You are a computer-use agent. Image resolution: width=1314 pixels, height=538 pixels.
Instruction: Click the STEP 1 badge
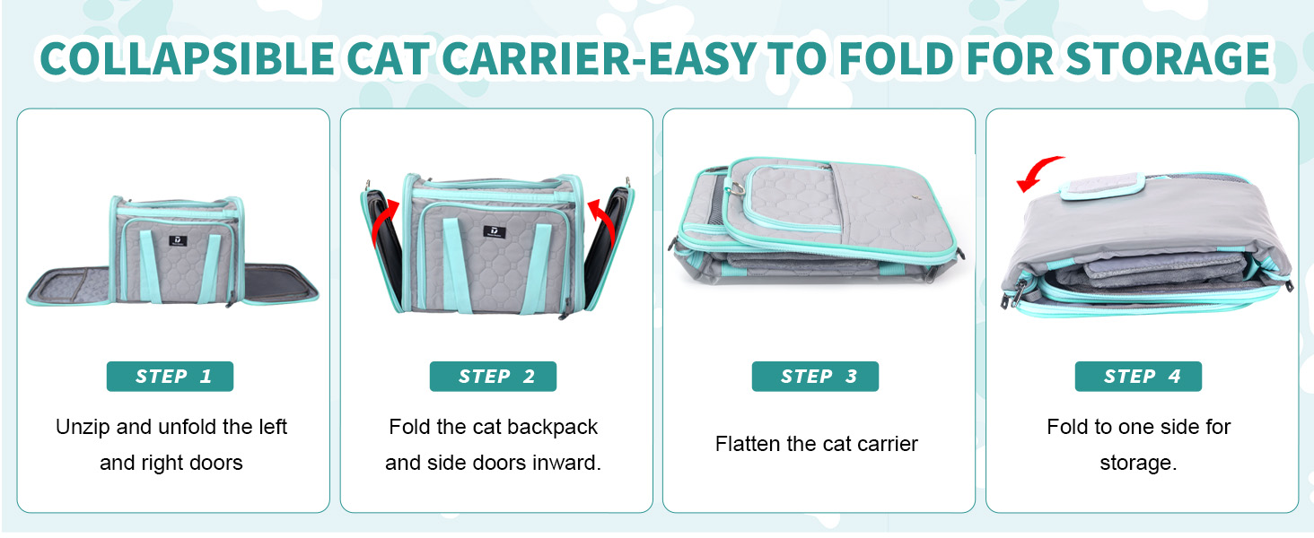171,377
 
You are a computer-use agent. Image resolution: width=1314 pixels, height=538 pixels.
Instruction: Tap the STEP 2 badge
494,377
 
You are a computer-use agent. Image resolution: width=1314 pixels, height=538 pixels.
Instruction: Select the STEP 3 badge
816,377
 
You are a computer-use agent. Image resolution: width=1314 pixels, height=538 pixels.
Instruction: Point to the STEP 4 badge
1139,377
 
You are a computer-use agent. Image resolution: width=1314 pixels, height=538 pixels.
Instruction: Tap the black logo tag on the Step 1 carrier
172,239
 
